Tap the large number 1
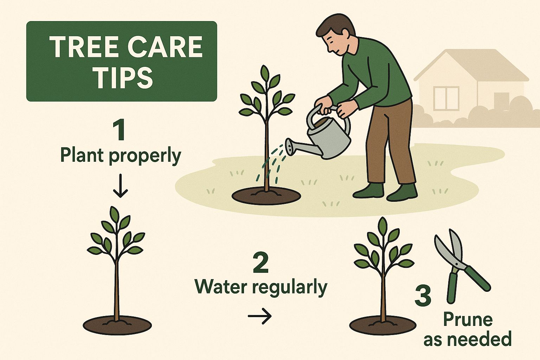(x=120, y=130)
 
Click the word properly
(x=145, y=156)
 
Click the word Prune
(x=467, y=319)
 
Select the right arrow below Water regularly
(x=260, y=316)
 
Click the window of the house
(x=447, y=98)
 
